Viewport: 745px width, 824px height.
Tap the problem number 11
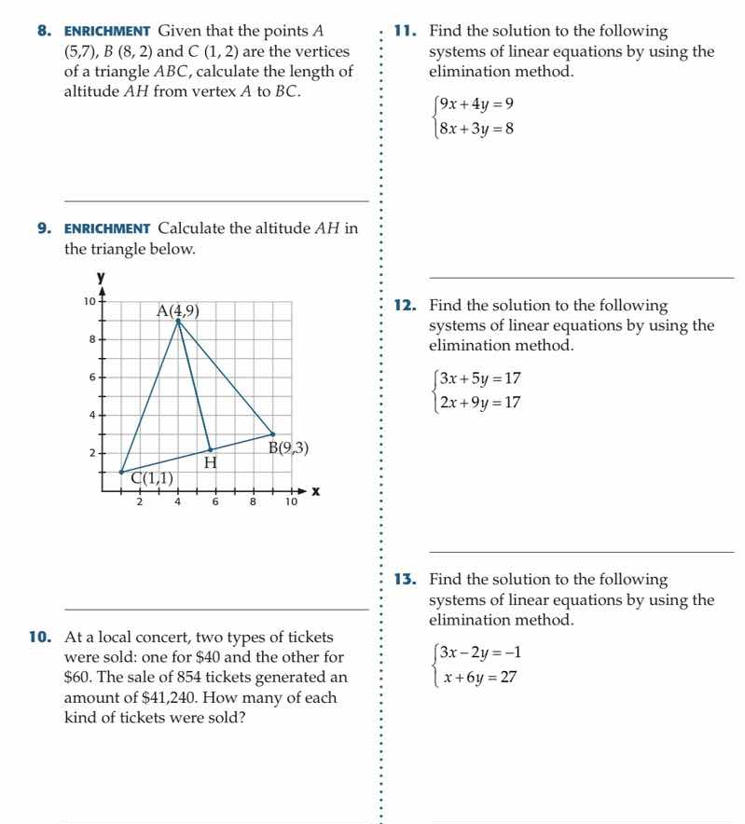[404, 32]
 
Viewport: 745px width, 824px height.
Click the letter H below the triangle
[210, 462]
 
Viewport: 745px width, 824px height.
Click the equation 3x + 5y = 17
[480, 378]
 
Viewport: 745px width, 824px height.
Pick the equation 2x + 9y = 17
[480, 403]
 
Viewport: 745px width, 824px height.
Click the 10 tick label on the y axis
[89, 301]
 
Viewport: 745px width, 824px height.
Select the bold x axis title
[315, 491]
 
